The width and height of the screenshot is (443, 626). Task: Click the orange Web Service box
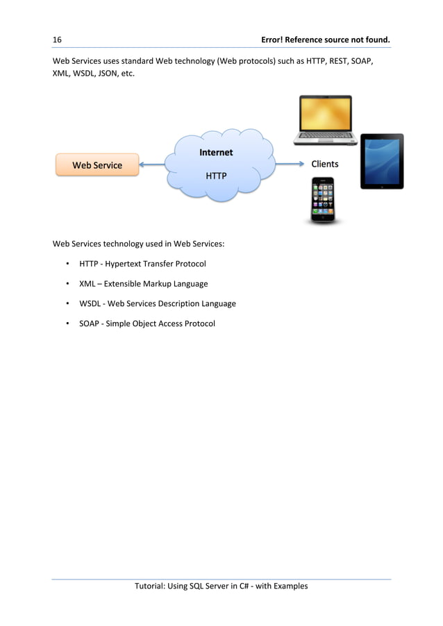[x=97, y=165]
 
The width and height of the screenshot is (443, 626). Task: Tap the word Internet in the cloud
[x=216, y=153]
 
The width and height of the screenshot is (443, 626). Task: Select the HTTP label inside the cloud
[x=216, y=176]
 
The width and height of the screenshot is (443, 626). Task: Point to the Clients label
[x=325, y=164]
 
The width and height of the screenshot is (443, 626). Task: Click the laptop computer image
[x=324, y=120]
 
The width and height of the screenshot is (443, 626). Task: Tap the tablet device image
[x=381, y=162]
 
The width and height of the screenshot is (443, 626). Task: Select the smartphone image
[x=323, y=200]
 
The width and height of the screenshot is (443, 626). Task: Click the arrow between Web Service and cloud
[x=153, y=165]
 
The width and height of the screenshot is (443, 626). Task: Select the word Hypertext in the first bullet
[x=123, y=264]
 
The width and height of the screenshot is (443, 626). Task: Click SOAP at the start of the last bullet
[x=90, y=324]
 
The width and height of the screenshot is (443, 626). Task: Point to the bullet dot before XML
[x=67, y=284]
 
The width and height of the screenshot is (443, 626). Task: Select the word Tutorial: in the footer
[x=151, y=586]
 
